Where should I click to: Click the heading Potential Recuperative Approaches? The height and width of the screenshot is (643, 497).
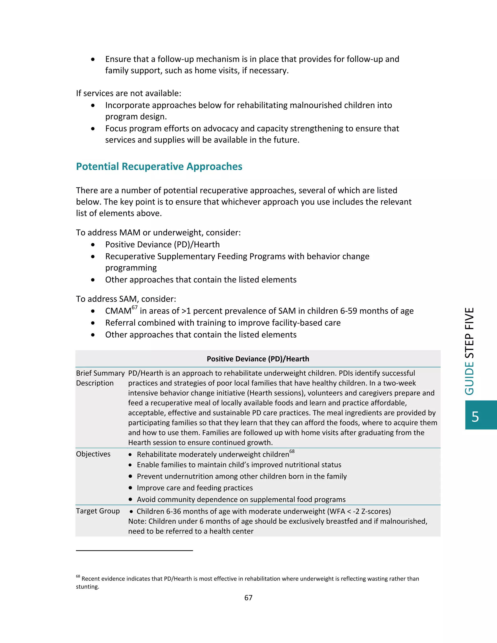pyautogui.click(x=159, y=167)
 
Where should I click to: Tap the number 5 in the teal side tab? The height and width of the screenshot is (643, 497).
pyautogui.click(x=475, y=417)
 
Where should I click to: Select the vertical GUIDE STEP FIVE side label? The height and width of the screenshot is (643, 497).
pyautogui.click(x=470, y=351)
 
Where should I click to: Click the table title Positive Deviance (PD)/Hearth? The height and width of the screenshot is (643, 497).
pyautogui.click(x=258, y=359)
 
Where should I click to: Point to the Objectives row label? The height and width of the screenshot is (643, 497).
pyautogui.click(x=93, y=454)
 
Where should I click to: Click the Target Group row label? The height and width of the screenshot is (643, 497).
pyautogui.click(x=98, y=511)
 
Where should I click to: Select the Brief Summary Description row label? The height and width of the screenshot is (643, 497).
pyautogui.click(x=100, y=378)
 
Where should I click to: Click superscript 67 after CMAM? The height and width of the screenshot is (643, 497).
pyautogui.click(x=134, y=307)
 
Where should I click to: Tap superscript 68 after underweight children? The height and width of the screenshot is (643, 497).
pyautogui.click(x=292, y=451)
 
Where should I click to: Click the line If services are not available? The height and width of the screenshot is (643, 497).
pyautogui.click(x=128, y=93)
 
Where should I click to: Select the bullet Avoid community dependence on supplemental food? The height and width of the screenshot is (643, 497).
pyautogui.click(x=241, y=499)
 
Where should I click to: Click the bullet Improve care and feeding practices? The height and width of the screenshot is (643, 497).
pyautogui.click(x=195, y=488)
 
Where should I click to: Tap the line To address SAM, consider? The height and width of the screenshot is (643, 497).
pyautogui.click(x=126, y=299)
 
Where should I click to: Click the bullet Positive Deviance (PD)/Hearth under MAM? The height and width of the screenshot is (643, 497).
pyautogui.click(x=162, y=245)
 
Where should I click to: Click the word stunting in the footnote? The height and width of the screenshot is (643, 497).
pyautogui.click(x=87, y=587)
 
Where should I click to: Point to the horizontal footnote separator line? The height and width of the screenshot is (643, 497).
pyautogui.click(x=134, y=550)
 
